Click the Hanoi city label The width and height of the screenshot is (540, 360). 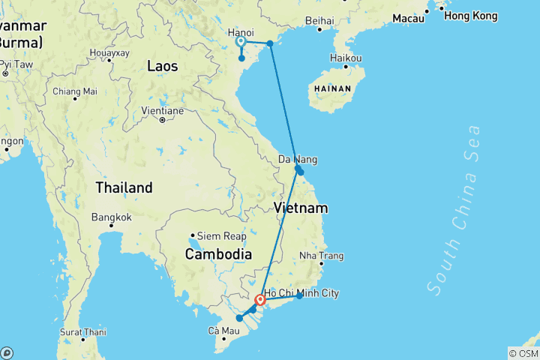(x=240, y=33)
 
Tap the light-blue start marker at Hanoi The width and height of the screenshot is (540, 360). (x=241, y=43)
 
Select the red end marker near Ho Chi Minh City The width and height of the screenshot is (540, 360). (x=260, y=301)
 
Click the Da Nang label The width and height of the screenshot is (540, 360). (x=297, y=160)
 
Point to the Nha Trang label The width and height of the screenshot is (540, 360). (x=321, y=256)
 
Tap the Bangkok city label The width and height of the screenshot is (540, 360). (x=112, y=217)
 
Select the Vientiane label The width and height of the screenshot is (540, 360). (x=162, y=111)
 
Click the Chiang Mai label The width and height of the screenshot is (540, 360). (x=75, y=91)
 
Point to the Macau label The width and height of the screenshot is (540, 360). (x=409, y=18)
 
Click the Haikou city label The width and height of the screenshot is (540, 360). (x=346, y=58)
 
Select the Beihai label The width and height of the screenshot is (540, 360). (x=320, y=21)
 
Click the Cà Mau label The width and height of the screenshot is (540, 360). (x=225, y=331)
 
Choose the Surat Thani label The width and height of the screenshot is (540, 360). (x=84, y=331)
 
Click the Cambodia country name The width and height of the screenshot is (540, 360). (x=218, y=254)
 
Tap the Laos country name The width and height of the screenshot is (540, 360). (x=162, y=66)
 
